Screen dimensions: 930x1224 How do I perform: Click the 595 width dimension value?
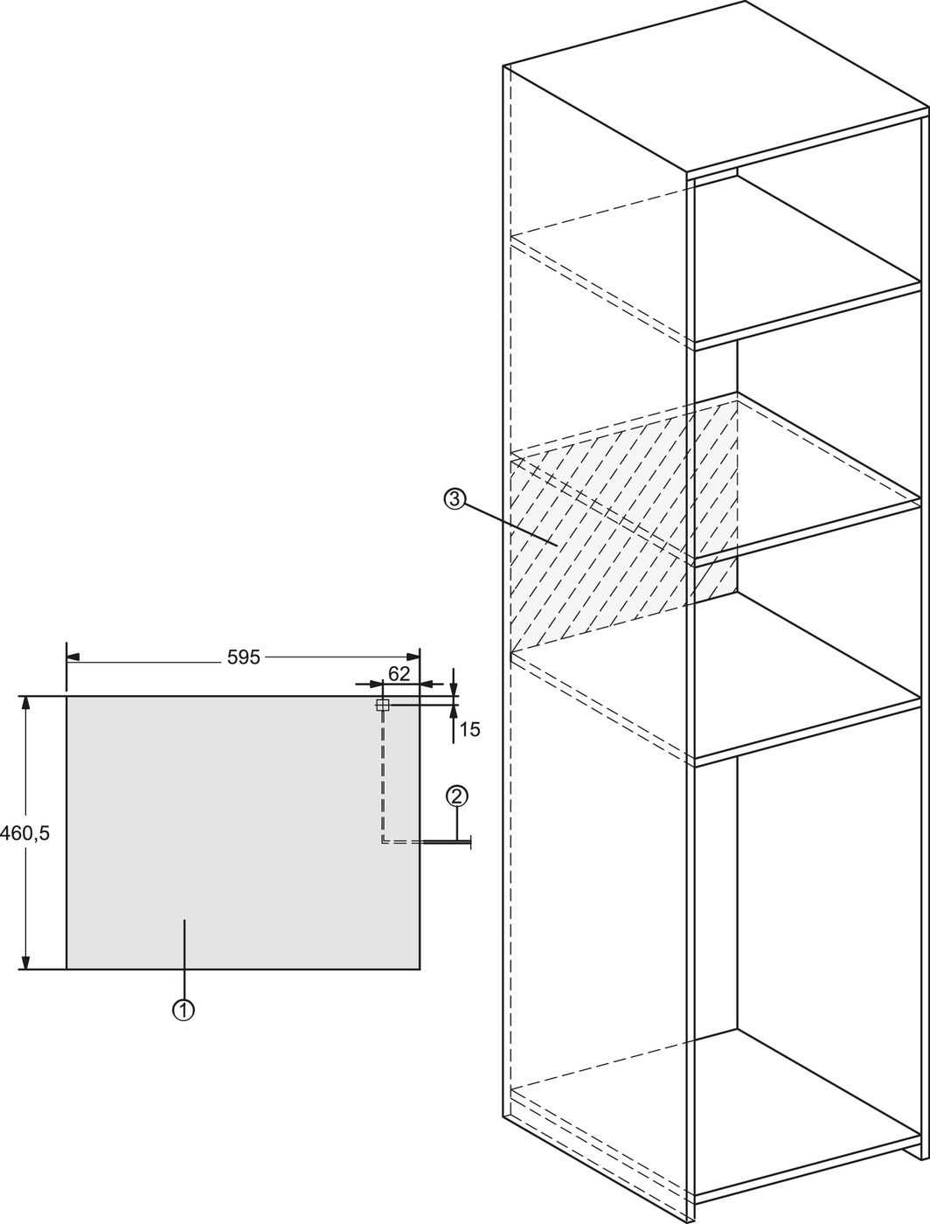pos(244,658)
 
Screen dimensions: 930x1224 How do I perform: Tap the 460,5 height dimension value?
pos(25,833)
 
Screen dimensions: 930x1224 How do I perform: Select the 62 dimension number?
pos(399,674)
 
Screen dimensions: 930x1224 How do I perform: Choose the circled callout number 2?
pos(457,796)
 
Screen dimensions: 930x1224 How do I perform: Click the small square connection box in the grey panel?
pos(382,706)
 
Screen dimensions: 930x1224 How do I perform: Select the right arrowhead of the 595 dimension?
pos(413,657)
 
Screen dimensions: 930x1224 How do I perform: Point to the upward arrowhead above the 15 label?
pos(455,712)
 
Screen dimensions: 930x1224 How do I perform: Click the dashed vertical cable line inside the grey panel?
pos(383,775)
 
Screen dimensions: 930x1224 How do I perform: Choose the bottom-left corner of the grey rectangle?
pos(67,970)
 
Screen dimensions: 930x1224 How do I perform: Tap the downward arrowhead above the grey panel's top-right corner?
pos(455,689)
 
